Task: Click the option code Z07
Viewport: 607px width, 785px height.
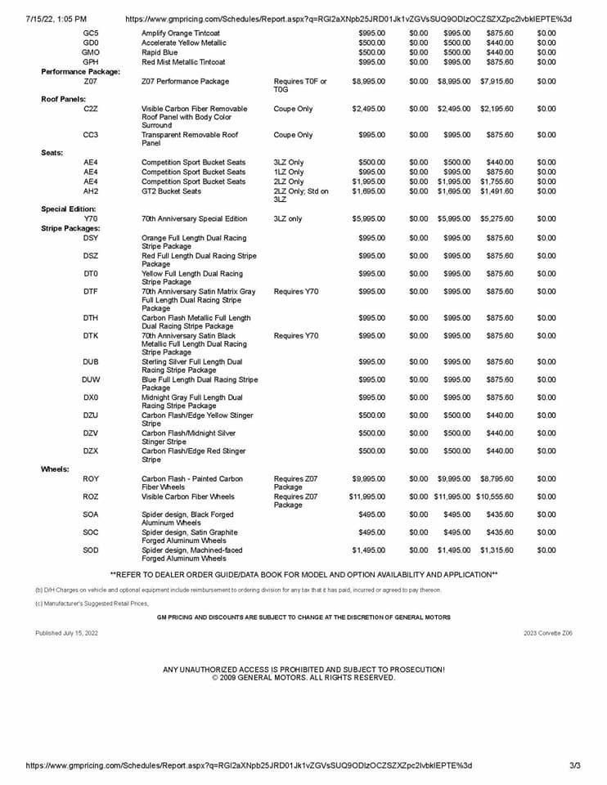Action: click(90, 82)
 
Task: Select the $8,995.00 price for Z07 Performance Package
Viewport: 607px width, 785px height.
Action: click(369, 82)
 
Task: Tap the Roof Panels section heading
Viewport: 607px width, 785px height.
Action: click(62, 98)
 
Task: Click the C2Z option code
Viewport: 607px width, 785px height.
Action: click(91, 108)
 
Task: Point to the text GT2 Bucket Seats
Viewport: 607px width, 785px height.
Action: click(171, 191)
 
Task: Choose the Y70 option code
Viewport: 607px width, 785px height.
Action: click(90, 219)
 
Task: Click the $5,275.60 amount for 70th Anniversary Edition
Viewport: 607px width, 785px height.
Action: click(497, 219)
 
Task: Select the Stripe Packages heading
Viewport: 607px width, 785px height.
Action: click(70, 228)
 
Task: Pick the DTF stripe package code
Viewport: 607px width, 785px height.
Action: click(91, 291)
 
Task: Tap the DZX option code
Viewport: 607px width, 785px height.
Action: click(91, 451)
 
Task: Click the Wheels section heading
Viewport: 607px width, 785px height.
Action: click(56, 469)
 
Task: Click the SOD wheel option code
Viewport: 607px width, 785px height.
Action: click(91, 550)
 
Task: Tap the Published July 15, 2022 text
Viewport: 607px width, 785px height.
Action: click(66, 633)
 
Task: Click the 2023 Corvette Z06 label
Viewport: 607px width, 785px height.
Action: click(548, 633)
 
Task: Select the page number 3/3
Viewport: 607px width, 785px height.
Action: click(574, 766)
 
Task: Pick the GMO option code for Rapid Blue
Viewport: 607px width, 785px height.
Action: click(91, 52)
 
